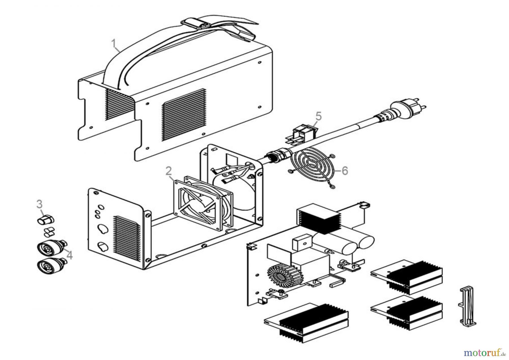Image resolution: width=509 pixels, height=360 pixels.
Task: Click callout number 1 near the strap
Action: coord(114,44)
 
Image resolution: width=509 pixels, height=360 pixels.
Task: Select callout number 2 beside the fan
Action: coord(168,171)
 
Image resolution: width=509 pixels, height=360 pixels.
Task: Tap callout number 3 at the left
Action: coord(39,204)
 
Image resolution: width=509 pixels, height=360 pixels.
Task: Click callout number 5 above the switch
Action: coord(318,116)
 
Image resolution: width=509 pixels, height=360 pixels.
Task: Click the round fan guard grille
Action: coord(312,167)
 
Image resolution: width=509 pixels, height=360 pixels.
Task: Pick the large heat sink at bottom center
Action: coord(307,323)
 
